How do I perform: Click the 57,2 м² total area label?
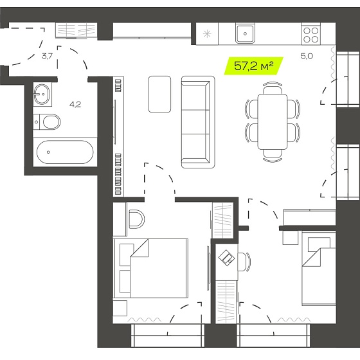[253, 66]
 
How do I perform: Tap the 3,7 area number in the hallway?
[48, 56]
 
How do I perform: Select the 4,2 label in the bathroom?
[75, 105]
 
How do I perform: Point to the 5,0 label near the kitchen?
[307, 56]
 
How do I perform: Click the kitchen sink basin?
[245, 33]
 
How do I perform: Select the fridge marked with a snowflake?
[207, 34]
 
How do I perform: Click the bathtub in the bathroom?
[65, 152]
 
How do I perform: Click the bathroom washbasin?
[42, 94]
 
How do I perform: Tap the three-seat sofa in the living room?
[198, 122]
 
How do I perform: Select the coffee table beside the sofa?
[159, 94]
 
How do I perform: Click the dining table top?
[273, 122]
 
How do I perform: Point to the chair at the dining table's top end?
[273, 87]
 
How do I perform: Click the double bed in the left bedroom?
[151, 268]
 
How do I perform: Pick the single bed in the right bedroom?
[319, 269]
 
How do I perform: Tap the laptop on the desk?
[226, 258]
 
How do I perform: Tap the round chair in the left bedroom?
[136, 219]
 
